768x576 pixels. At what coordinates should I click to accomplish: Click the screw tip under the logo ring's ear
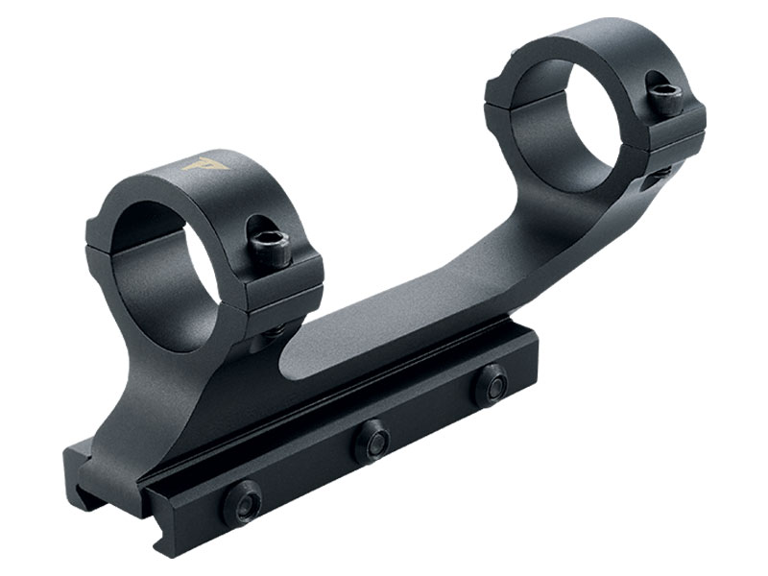point(272,332)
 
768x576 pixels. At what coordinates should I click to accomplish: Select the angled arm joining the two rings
point(422,278)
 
